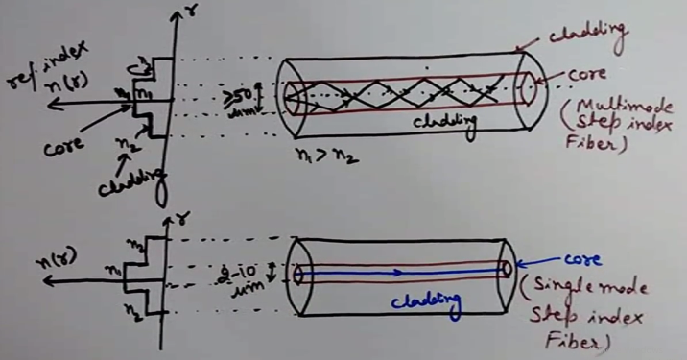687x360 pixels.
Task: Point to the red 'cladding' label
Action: [x=584, y=28]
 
